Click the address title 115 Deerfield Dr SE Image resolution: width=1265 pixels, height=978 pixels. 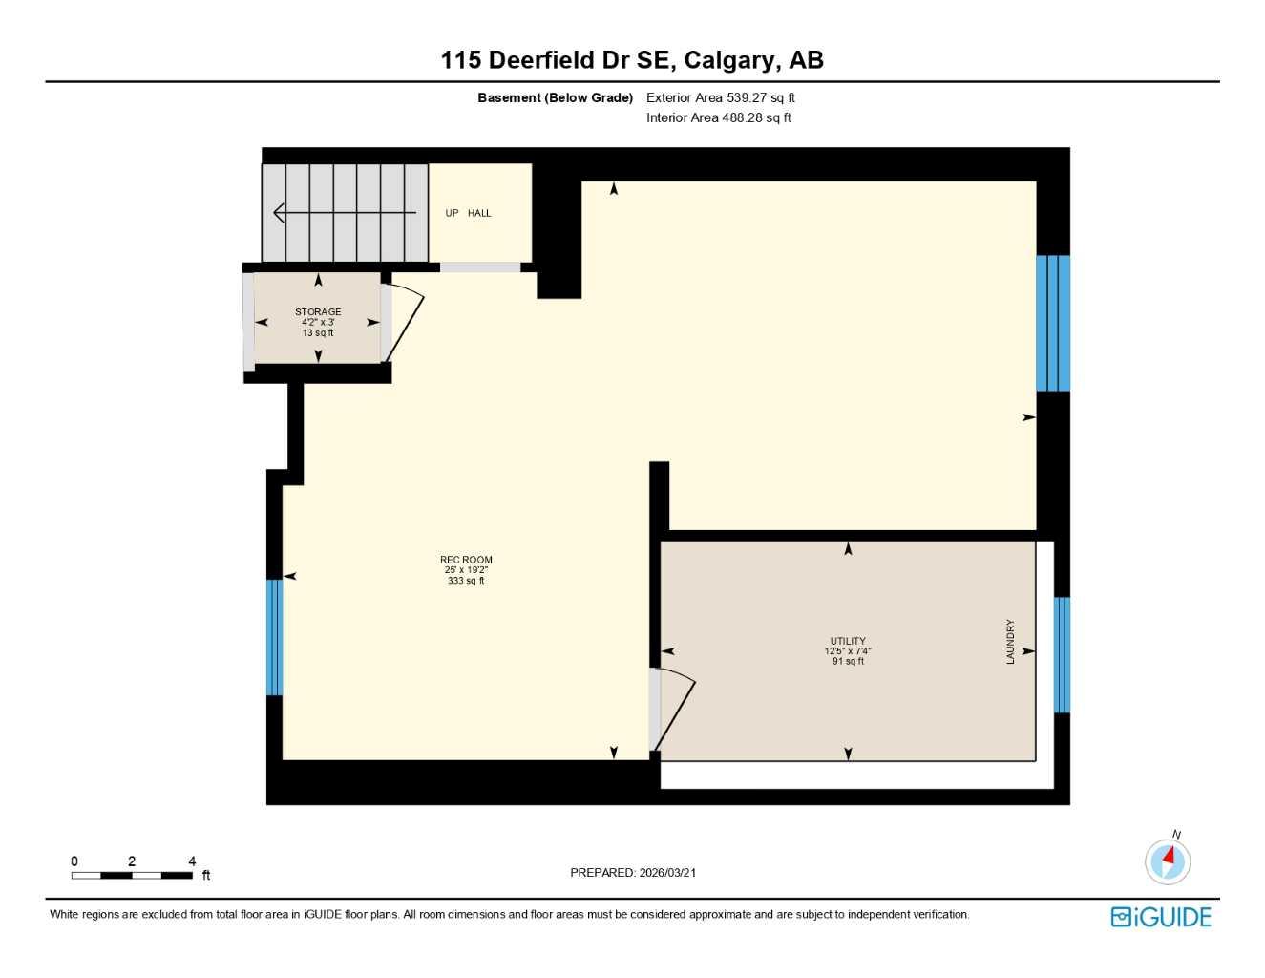click(631, 60)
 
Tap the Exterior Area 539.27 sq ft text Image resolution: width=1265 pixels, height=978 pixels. click(720, 97)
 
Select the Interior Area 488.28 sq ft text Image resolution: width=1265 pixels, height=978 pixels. click(718, 117)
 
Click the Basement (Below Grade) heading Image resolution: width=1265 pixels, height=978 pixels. click(555, 97)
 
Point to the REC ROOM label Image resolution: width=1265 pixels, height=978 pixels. click(466, 561)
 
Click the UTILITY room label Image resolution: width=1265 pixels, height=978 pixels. click(848, 642)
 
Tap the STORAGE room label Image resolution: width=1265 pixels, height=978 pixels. click(318, 312)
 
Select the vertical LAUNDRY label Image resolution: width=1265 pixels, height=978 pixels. click(1010, 642)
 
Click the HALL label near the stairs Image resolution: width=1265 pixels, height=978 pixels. click(479, 213)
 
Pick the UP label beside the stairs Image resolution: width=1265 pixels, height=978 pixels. click(452, 213)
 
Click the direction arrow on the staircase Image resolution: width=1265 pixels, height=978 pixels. click(344, 212)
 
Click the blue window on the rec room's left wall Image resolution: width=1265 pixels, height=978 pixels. click(275, 637)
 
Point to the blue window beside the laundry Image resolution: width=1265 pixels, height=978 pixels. click(1062, 654)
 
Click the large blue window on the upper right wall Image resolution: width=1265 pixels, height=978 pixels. click(1053, 323)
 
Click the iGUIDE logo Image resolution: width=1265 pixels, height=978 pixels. click(1161, 917)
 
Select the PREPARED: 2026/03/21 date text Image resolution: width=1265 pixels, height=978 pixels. click(633, 872)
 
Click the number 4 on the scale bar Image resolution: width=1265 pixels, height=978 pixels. click(192, 861)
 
